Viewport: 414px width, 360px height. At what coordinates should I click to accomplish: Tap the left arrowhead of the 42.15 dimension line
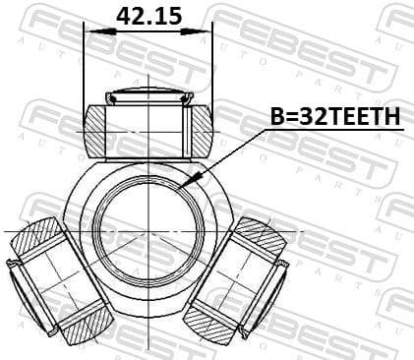[x=91, y=30]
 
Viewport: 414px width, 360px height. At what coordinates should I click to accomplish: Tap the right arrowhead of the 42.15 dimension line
[x=206, y=30]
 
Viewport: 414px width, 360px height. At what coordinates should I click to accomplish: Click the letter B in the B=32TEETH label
[x=278, y=117]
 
